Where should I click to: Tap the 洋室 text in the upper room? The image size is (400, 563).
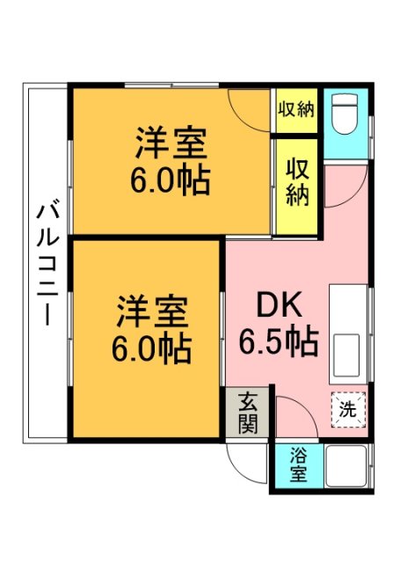click(x=171, y=142)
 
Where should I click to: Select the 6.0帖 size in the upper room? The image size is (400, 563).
click(x=171, y=180)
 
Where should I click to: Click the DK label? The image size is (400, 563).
click(x=279, y=304)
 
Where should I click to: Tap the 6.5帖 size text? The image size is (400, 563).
click(x=279, y=340)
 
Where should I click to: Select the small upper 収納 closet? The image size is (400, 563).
click(x=296, y=110)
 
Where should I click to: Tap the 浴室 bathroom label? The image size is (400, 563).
click(x=300, y=465)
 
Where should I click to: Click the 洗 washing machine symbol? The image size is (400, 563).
click(x=348, y=408)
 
